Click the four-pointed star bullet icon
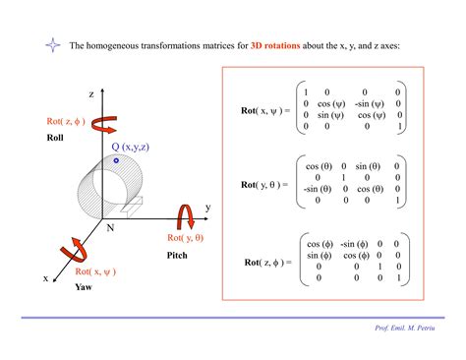click(x=51, y=45)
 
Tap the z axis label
click(x=90, y=94)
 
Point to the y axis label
click(x=207, y=208)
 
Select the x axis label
click(x=45, y=278)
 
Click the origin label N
click(x=111, y=227)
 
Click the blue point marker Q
click(x=116, y=159)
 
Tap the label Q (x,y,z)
click(x=130, y=147)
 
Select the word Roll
click(x=55, y=138)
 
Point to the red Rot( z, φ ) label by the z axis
click(x=66, y=122)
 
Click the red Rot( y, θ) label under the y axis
click(x=185, y=237)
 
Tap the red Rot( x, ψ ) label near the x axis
click(x=95, y=271)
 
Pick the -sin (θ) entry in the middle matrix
click(x=315, y=189)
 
